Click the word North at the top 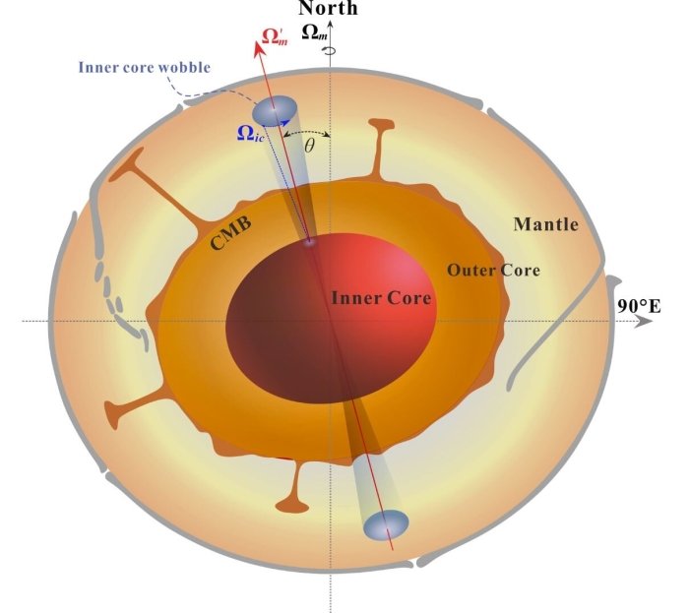[x=329, y=9]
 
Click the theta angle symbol [x=309, y=145]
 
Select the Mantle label [x=545, y=224]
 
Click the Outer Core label [x=493, y=270]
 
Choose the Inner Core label [x=381, y=297]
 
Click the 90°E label [x=638, y=306]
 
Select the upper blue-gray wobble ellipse [x=276, y=111]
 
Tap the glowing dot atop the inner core [x=311, y=241]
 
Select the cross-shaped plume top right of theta [x=376, y=130]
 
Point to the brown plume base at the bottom [x=291, y=505]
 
